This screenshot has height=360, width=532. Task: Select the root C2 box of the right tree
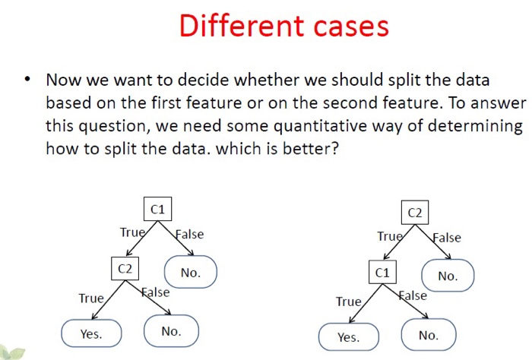415,213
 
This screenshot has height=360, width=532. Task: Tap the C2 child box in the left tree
125,268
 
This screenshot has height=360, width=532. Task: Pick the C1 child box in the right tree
382,271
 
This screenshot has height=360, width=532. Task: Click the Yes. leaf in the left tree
91,333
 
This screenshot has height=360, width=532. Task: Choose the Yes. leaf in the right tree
348,336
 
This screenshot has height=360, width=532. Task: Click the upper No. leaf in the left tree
191,272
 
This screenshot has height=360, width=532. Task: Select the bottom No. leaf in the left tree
171,331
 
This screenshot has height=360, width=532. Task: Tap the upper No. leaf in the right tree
448,276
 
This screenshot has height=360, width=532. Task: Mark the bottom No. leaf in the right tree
429,335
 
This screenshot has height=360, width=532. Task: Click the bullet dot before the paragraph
27,80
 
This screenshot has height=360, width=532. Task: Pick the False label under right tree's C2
447,237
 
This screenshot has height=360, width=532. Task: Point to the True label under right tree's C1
349,302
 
